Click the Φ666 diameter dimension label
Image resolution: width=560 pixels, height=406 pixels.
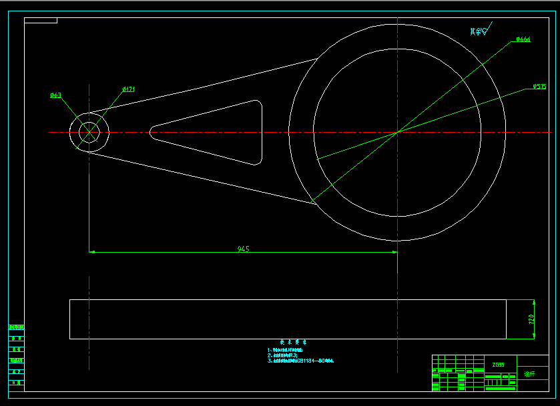coord(523,40)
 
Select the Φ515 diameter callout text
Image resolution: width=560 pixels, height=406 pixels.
coord(539,87)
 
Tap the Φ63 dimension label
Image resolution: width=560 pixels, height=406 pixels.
coord(56,95)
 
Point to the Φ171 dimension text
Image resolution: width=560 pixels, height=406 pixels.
coord(129,89)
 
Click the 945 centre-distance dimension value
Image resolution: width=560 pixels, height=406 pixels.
coord(244,249)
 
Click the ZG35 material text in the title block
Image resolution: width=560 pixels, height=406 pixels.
coord(499,365)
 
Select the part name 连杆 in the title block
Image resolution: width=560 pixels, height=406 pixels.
coord(530,375)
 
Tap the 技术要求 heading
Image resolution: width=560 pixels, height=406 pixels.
coord(293,341)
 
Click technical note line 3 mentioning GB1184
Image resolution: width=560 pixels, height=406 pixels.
coord(300,361)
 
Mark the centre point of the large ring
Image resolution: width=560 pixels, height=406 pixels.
coord(397,132)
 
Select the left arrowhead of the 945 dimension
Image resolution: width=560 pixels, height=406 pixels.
coord(93,252)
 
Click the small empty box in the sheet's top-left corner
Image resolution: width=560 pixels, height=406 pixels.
coord(41,21)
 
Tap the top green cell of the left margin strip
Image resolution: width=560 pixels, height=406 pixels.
coord(16,327)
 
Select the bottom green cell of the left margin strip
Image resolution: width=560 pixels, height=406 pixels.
coord(16,383)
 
